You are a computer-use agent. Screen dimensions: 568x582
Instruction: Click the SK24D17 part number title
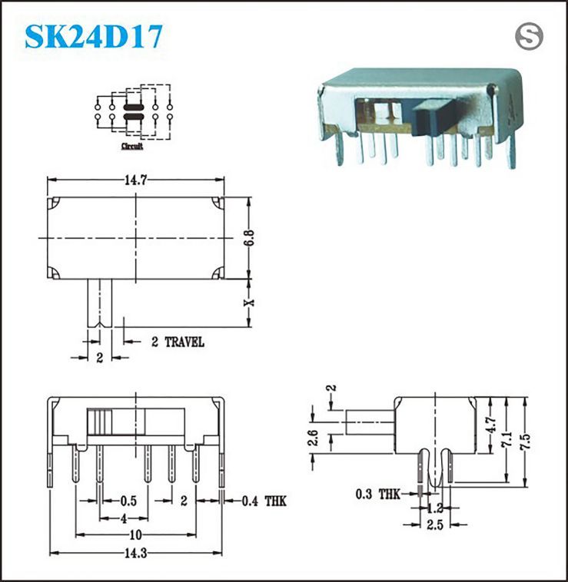94,36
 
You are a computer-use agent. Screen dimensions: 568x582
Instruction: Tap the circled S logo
529,36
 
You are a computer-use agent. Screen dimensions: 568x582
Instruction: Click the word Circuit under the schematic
132,146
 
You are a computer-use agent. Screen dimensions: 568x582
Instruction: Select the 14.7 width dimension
135,180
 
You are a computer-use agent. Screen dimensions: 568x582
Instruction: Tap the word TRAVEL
184,342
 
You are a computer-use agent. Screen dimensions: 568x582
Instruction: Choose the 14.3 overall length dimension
135,554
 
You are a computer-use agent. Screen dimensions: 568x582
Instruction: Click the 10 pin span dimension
135,535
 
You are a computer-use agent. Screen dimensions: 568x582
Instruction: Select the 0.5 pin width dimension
128,501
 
